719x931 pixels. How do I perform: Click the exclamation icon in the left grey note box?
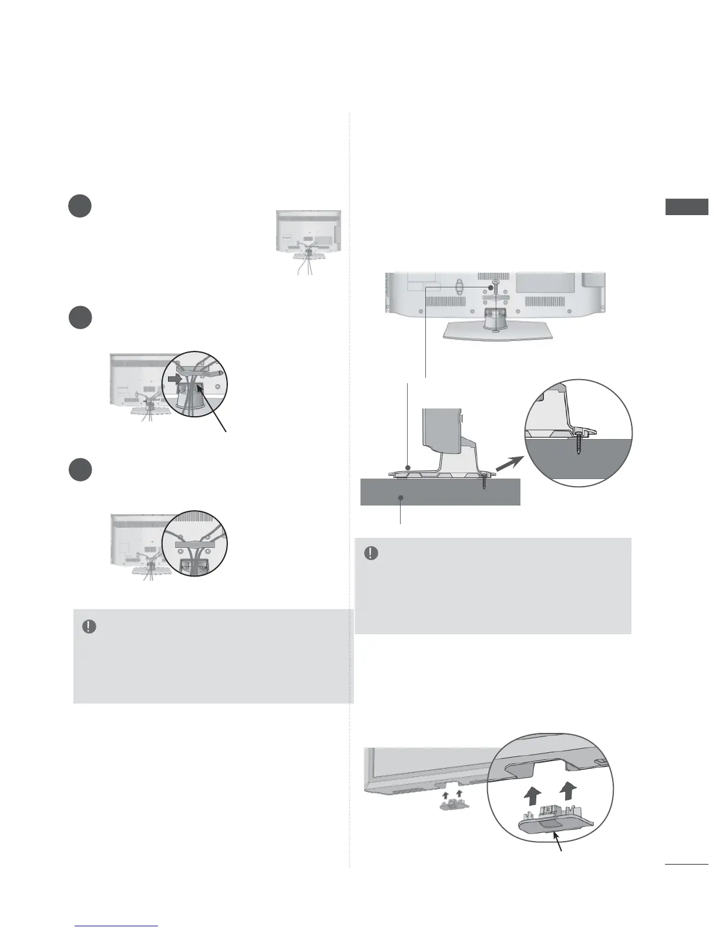tap(89, 627)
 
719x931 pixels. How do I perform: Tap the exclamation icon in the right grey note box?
tap(371, 554)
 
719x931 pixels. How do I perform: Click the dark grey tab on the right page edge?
tap(687, 207)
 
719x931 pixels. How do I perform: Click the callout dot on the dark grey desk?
tap(401, 497)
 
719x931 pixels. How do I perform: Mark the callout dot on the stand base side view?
tap(408, 468)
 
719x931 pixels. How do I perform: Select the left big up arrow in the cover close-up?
tap(532, 798)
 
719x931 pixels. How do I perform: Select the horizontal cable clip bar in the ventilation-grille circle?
tap(196, 545)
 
